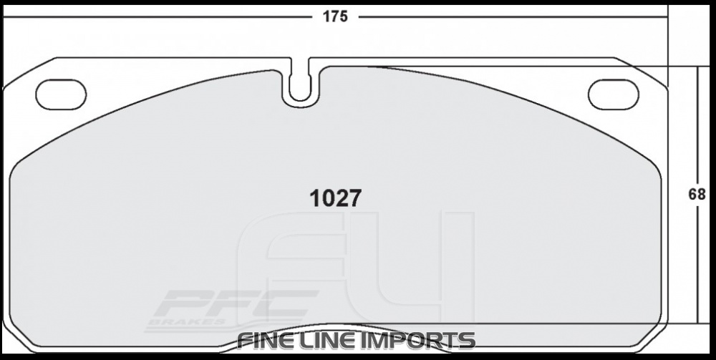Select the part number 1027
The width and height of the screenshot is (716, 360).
(x=334, y=198)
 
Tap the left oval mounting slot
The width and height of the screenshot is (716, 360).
(x=61, y=94)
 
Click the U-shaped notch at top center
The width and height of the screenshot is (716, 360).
(x=301, y=89)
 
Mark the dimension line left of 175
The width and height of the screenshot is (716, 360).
(x=158, y=16)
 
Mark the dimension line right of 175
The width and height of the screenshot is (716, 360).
(x=512, y=16)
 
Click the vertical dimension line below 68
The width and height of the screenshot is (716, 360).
(x=698, y=265)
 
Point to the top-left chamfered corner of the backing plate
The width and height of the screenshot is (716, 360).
(x=29, y=72)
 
